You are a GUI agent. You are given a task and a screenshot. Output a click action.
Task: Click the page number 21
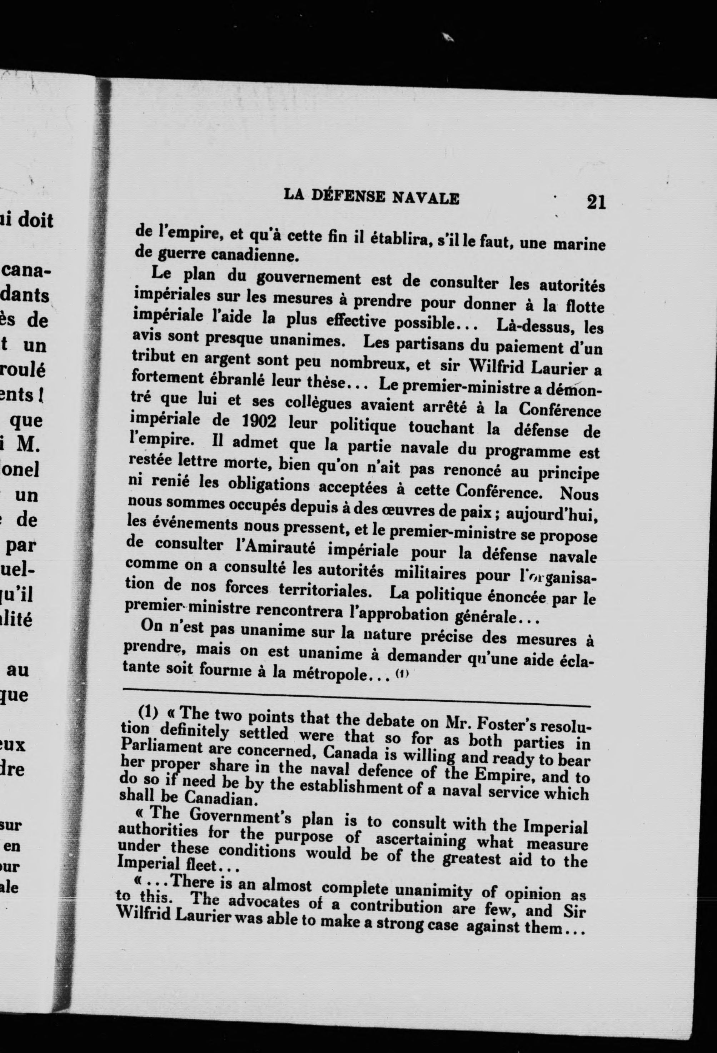tap(596, 202)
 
